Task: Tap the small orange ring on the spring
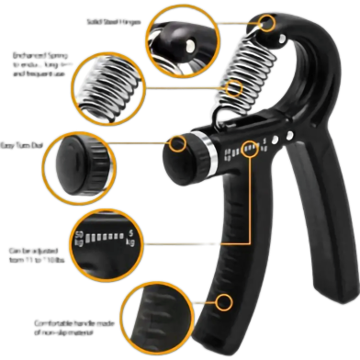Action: [x=235, y=89]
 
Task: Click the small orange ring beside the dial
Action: [x=176, y=142]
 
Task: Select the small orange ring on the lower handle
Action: [x=223, y=300]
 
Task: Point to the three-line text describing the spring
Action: [x=40, y=64]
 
